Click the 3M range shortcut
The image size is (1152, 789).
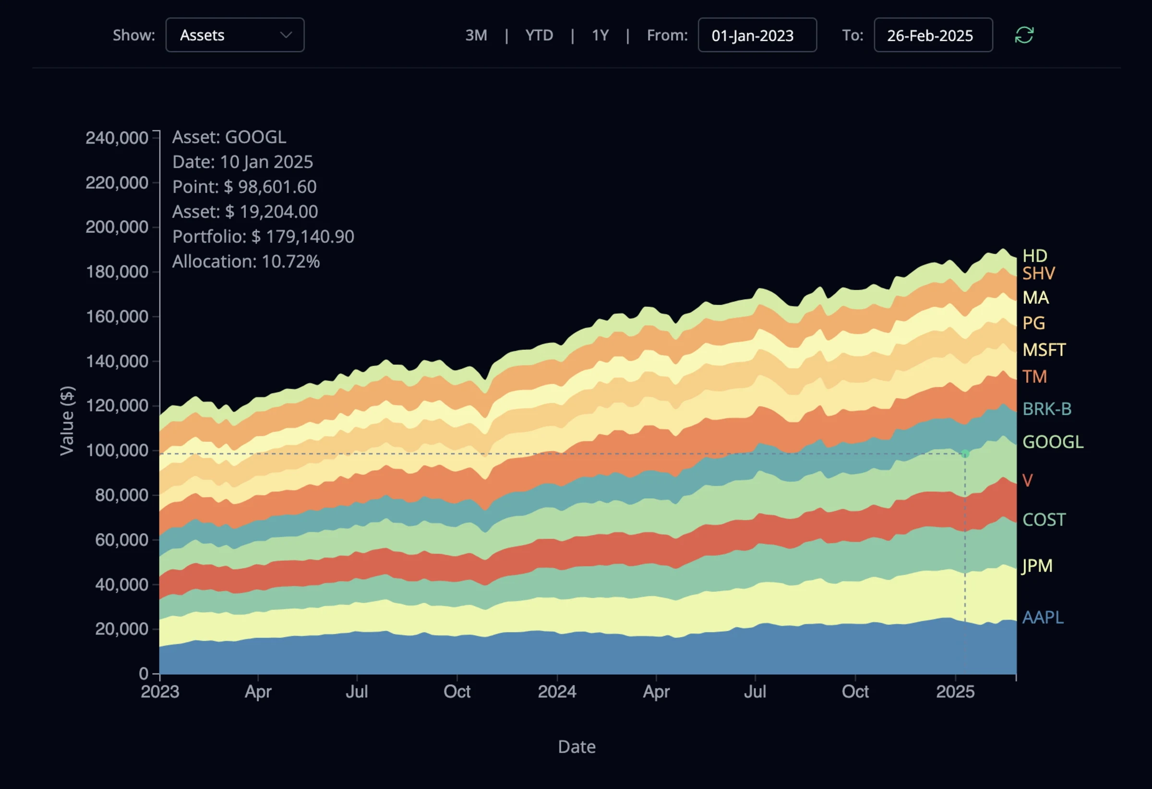[x=476, y=35]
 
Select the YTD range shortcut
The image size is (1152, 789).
[x=539, y=35]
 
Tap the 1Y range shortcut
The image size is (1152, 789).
[x=600, y=35]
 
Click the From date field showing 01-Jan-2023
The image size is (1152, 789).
[x=757, y=35]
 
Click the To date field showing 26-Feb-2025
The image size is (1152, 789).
[x=933, y=35]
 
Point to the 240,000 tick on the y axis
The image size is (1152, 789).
[x=117, y=138]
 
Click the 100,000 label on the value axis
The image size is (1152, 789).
[x=117, y=451]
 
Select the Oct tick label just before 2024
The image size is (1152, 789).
[x=456, y=692]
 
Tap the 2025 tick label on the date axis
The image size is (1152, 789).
[x=955, y=692]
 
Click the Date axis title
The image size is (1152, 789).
[x=576, y=746]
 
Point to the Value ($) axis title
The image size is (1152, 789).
[x=66, y=420]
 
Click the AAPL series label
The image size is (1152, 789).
[x=1043, y=617]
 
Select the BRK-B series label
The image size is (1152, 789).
[x=1046, y=409]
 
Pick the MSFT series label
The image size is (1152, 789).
[x=1044, y=350]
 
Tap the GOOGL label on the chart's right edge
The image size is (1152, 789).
[x=1052, y=442]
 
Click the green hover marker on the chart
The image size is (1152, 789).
[x=965, y=454]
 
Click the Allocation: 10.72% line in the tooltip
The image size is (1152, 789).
[x=246, y=261]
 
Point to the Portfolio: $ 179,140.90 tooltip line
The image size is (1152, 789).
[x=263, y=237]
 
